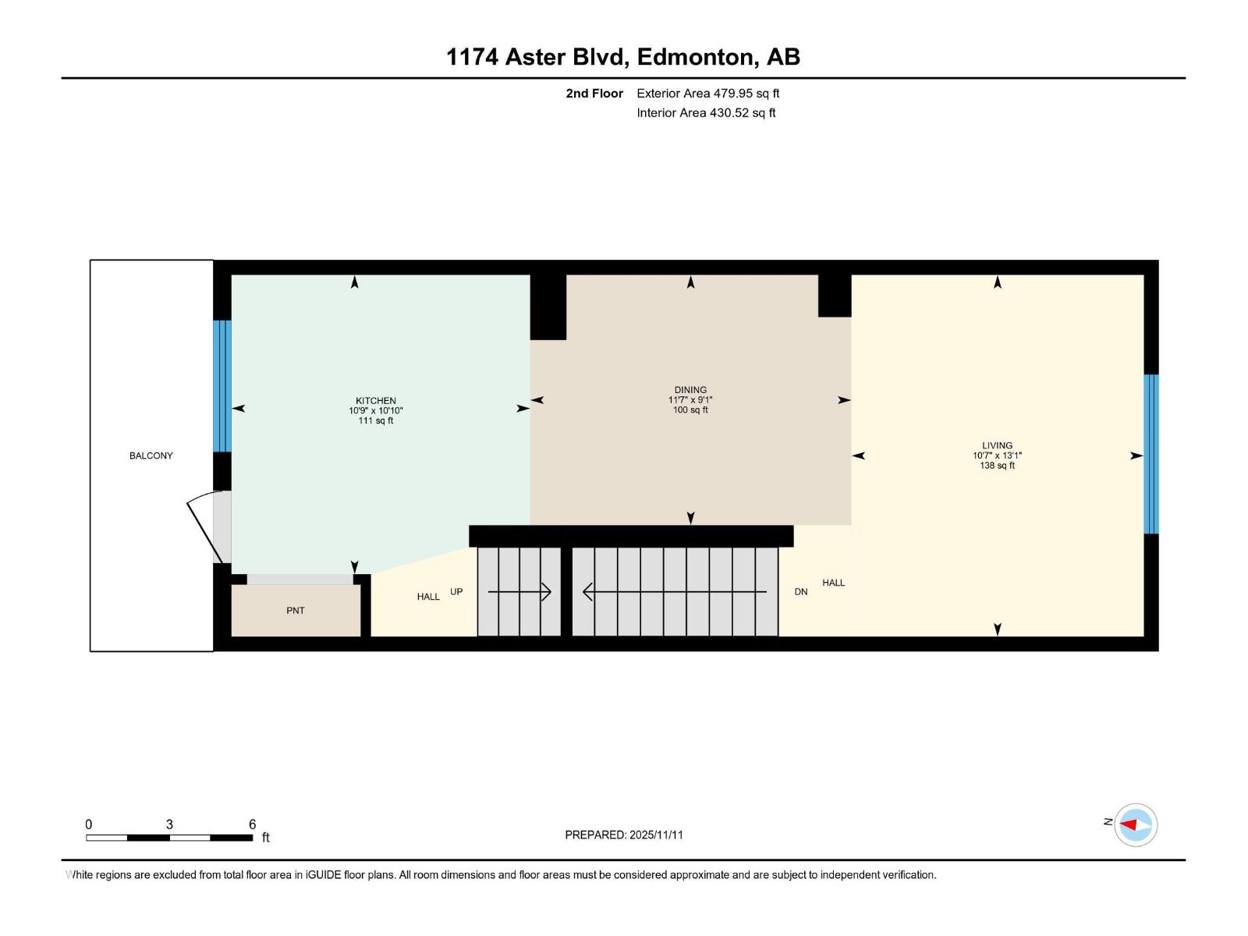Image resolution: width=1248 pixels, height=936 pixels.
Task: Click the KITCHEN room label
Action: [375, 401]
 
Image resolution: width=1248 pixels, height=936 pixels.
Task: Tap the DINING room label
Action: [690, 390]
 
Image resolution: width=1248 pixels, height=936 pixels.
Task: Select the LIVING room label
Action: [997, 446]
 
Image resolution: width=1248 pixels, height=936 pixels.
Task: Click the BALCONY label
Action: [151, 456]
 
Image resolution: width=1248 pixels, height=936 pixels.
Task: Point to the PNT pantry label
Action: [296, 611]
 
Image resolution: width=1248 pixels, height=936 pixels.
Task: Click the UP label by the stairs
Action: [456, 592]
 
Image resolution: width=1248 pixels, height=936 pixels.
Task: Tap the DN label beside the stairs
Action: [801, 592]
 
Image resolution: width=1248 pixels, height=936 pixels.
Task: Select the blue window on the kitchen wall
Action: [222, 386]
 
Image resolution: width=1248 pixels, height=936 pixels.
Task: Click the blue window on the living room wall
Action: [1151, 454]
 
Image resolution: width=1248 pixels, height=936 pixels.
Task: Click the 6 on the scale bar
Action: [252, 824]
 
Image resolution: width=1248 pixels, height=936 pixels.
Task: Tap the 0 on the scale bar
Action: [89, 824]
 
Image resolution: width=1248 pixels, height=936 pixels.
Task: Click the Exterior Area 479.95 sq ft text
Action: [707, 94]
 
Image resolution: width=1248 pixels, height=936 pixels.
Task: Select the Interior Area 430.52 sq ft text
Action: [706, 113]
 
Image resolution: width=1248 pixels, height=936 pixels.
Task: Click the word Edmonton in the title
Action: [696, 57]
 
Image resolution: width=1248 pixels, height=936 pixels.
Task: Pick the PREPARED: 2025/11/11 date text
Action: [624, 835]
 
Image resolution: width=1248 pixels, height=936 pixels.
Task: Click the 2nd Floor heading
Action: [594, 94]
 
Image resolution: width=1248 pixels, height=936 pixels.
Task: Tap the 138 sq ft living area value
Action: [997, 466]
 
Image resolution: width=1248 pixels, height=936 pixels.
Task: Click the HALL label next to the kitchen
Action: [428, 597]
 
